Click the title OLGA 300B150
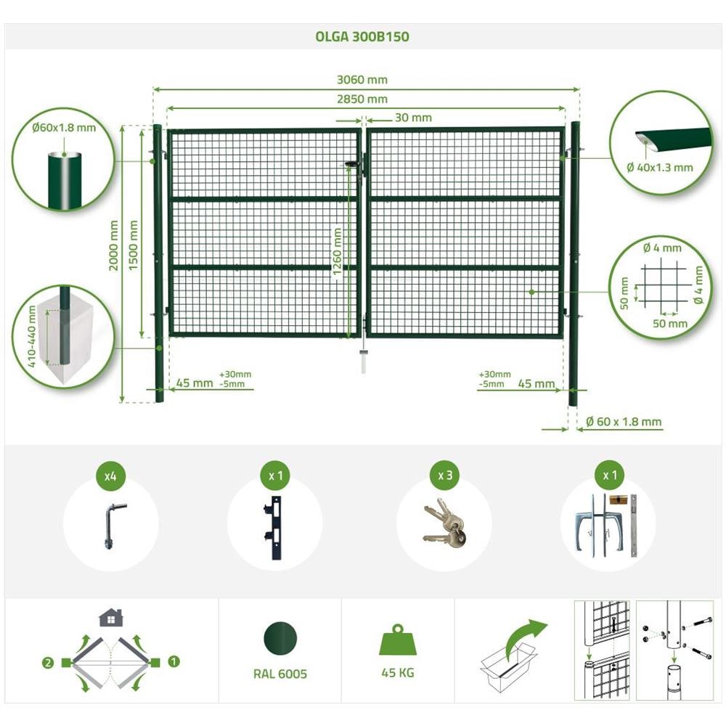[x=362, y=36]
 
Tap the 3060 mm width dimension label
[x=362, y=80]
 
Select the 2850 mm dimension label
[x=362, y=99]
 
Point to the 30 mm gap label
[x=413, y=118]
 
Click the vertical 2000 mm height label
[x=114, y=245]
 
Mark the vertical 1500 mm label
[x=134, y=245]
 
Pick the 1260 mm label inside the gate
[x=337, y=251]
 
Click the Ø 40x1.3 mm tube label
[x=660, y=167]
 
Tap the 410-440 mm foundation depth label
[x=31, y=336]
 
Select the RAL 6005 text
[x=280, y=674]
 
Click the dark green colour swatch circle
[x=280, y=639]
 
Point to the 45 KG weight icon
[x=398, y=640]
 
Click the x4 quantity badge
[x=110, y=476]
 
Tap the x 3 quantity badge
[x=445, y=476]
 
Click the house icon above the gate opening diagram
[x=111, y=618]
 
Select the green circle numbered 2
[x=48, y=663]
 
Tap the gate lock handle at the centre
[x=354, y=164]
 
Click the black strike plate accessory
[x=273, y=528]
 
